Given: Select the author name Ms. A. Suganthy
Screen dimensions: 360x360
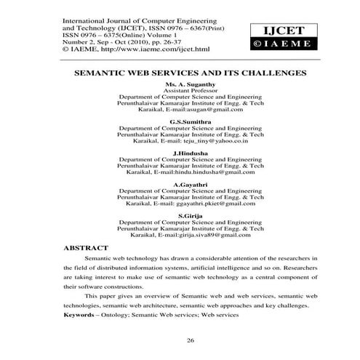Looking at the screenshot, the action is click(x=191, y=84).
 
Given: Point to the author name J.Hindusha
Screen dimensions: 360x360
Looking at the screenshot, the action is click(x=191, y=154).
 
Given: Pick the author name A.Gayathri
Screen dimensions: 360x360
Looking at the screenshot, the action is click(x=191, y=185).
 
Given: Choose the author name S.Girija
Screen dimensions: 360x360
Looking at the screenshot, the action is click(x=191, y=216).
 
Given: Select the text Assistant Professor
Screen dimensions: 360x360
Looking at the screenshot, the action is click(x=191, y=91).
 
